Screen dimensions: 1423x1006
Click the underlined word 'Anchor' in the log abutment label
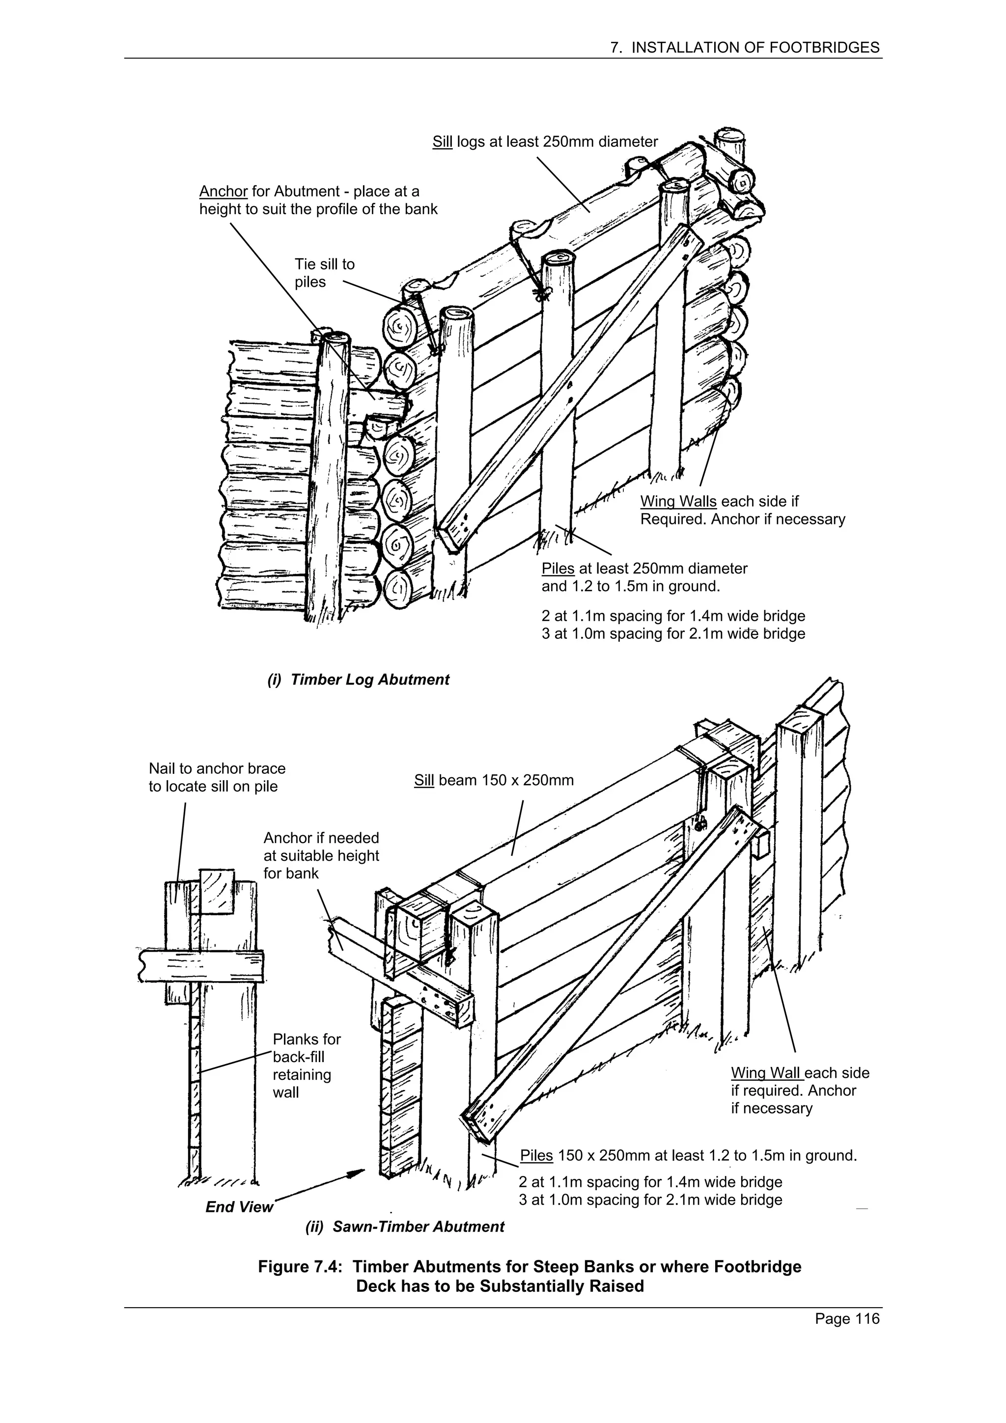coord(223,192)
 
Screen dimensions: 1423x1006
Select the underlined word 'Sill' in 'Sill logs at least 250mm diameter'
coord(442,142)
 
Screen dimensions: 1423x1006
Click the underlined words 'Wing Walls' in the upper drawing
coord(677,501)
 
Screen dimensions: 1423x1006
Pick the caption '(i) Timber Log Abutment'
coord(358,680)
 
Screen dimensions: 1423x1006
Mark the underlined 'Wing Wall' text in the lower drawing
coord(767,1073)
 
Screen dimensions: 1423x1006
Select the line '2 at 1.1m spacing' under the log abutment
coord(672,616)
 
